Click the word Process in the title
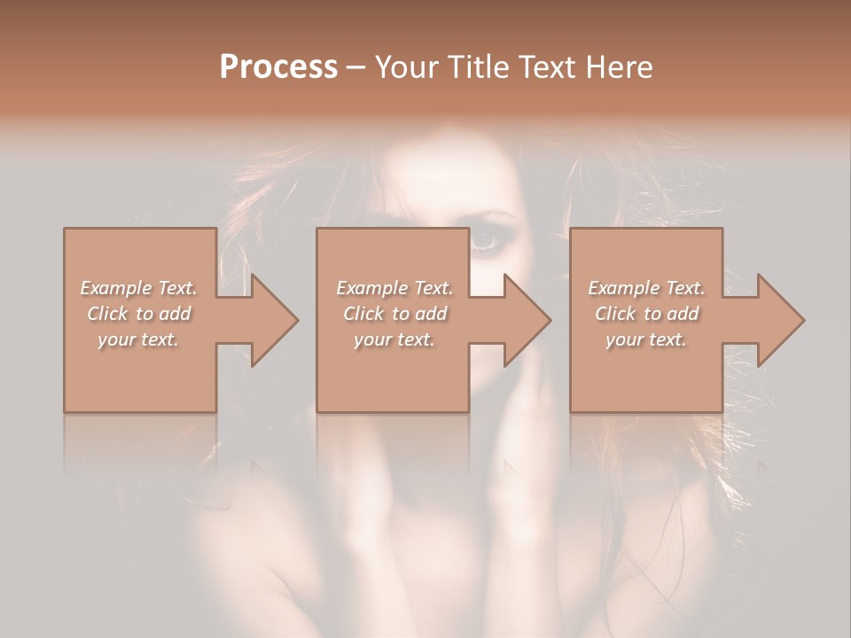click(x=278, y=66)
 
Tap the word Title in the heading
click(x=477, y=66)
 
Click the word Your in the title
click(x=407, y=66)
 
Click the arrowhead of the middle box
click(x=527, y=321)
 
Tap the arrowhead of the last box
click(x=780, y=321)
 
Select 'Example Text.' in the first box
click(x=138, y=288)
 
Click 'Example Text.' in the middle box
click(x=394, y=288)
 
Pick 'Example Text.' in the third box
click(x=646, y=288)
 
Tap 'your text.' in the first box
click(x=138, y=339)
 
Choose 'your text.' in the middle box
click(x=394, y=339)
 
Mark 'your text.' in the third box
click(x=646, y=339)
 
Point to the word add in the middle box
click(x=430, y=314)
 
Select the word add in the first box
click(x=174, y=314)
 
